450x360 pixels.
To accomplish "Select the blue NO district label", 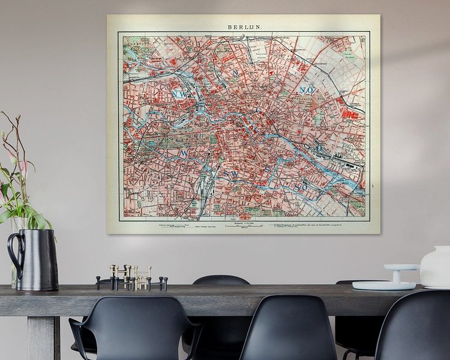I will [x=306, y=90].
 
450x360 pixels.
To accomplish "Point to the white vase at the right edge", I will [x=436, y=267].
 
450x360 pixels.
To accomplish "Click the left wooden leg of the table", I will [x=43, y=337].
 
